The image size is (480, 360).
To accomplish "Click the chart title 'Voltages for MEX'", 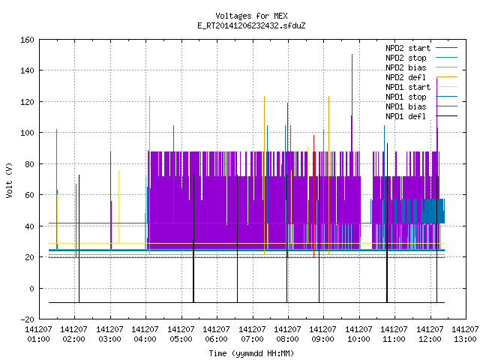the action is pos(251,16).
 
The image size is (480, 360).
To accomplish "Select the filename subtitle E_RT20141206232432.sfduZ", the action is pos(251,25).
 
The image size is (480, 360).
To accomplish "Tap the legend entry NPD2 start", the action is pos(408,48).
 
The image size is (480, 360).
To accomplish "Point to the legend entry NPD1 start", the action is pos(408,87).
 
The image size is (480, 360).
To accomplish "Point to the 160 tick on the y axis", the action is pos(27,40).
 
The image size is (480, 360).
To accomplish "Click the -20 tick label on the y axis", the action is pos(27,319).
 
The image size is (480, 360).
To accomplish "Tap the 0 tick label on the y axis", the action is pos(31,288).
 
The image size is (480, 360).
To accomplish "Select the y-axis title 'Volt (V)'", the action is pos(10,180).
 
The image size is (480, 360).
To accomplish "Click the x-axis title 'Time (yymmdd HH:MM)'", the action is pos(251,353).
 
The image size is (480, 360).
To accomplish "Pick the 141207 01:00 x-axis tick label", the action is pos(38,334).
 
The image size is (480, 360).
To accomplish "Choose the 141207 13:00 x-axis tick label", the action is pos(466,334).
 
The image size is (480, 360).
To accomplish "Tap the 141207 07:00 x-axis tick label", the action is pos(252,334).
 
